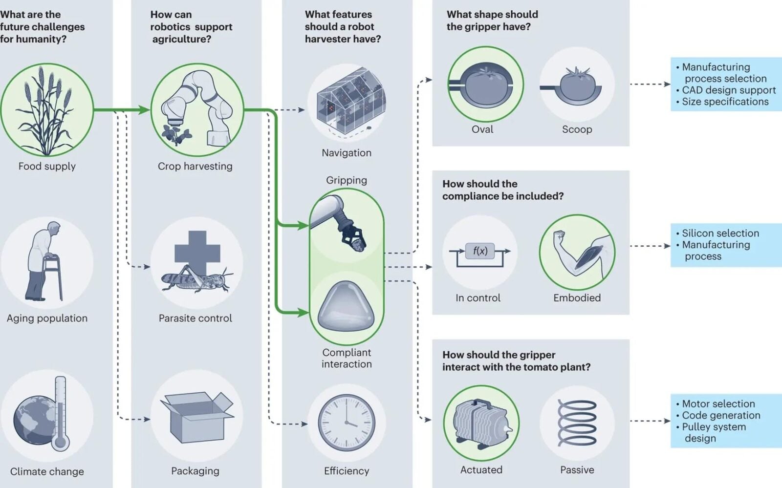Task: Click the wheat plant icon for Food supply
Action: click(x=46, y=110)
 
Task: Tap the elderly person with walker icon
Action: click(x=45, y=261)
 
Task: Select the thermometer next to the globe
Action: click(x=60, y=413)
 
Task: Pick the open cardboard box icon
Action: click(x=196, y=417)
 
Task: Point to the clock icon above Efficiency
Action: click(x=347, y=423)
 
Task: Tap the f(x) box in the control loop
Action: click(x=479, y=251)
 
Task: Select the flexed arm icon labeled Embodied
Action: click(x=577, y=252)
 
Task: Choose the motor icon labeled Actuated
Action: click(x=481, y=423)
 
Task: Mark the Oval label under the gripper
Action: click(x=482, y=129)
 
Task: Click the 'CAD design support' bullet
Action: click(x=728, y=90)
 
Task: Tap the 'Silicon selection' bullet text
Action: click(x=720, y=233)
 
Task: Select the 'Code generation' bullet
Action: click(x=721, y=415)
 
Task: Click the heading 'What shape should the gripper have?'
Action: click(x=492, y=21)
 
